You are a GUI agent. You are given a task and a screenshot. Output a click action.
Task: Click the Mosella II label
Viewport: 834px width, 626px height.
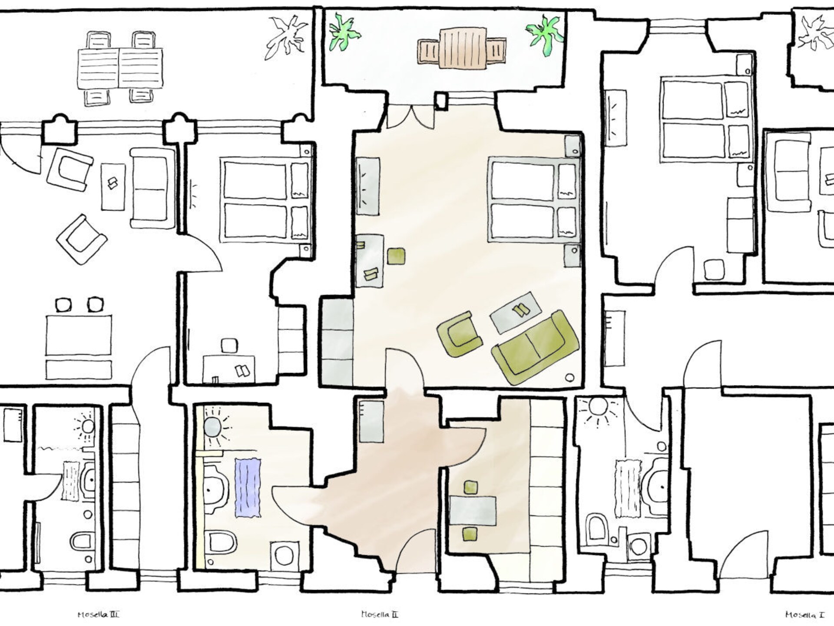pyautogui.click(x=379, y=614)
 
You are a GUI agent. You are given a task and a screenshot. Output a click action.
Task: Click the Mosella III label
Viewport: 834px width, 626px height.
pyautogui.click(x=98, y=615)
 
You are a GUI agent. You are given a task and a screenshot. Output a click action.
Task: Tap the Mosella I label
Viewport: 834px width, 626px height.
pyautogui.click(x=804, y=615)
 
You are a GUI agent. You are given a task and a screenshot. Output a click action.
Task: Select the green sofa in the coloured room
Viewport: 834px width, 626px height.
pyautogui.click(x=535, y=346)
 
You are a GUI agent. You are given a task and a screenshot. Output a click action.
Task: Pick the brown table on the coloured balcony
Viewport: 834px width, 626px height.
pyautogui.click(x=462, y=48)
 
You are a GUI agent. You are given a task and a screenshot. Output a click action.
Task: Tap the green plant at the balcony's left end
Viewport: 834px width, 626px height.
pyautogui.click(x=344, y=31)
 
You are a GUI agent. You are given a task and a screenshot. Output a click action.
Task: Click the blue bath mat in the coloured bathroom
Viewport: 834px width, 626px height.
pyautogui.click(x=248, y=487)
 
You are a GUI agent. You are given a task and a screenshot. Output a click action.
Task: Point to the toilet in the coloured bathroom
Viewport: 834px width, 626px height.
pyautogui.click(x=221, y=542)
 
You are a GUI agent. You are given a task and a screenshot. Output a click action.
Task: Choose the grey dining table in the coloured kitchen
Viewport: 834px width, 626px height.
pyautogui.click(x=473, y=510)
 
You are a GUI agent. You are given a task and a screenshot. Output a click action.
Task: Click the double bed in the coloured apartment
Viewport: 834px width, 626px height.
pyautogui.click(x=534, y=199)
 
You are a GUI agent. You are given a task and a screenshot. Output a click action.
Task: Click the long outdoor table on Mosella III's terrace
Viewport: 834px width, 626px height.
pyautogui.click(x=120, y=68)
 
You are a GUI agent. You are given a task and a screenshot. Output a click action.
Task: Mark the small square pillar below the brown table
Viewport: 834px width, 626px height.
pyautogui.click(x=441, y=100)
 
